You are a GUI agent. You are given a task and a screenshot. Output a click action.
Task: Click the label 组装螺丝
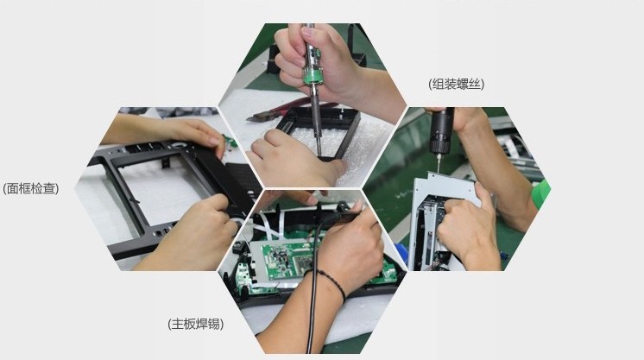click(x=457, y=85)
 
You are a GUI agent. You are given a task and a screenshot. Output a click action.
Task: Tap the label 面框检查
click(x=31, y=188)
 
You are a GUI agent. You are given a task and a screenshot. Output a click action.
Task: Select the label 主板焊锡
click(x=195, y=325)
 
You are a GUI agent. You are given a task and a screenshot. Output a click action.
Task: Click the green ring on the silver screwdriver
click(x=313, y=75)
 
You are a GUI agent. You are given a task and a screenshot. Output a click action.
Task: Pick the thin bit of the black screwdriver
click(x=438, y=163)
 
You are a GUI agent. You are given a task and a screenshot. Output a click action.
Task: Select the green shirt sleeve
click(x=541, y=193)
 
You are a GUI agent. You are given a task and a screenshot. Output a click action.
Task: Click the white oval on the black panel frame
click(x=179, y=145)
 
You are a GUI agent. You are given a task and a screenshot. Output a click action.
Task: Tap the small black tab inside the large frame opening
click(x=165, y=163)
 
